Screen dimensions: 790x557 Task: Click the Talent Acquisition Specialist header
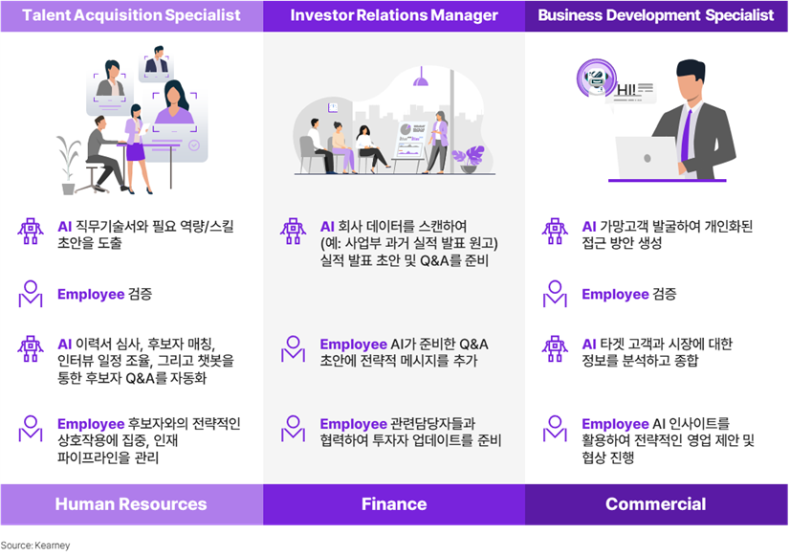coord(131,15)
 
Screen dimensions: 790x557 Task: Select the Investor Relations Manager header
coord(394,15)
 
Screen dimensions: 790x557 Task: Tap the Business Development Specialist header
coord(655,15)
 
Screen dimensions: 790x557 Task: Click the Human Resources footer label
coord(131,504)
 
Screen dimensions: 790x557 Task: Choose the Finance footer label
coord(394,504)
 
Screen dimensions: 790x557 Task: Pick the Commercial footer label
coord(655,504)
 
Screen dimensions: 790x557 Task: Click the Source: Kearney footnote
coord(35,546)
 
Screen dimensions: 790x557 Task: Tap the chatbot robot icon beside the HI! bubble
coord(597,78)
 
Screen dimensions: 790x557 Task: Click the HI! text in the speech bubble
coord(626,90)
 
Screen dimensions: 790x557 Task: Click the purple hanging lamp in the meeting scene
coord(421,78)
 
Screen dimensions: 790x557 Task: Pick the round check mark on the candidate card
coord(194,145)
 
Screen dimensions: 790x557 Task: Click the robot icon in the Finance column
coord(293,232)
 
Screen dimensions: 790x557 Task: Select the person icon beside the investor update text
coord(293,429)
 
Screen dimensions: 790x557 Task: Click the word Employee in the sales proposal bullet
coord(615,424)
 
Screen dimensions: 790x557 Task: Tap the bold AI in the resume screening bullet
coord(64,345)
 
